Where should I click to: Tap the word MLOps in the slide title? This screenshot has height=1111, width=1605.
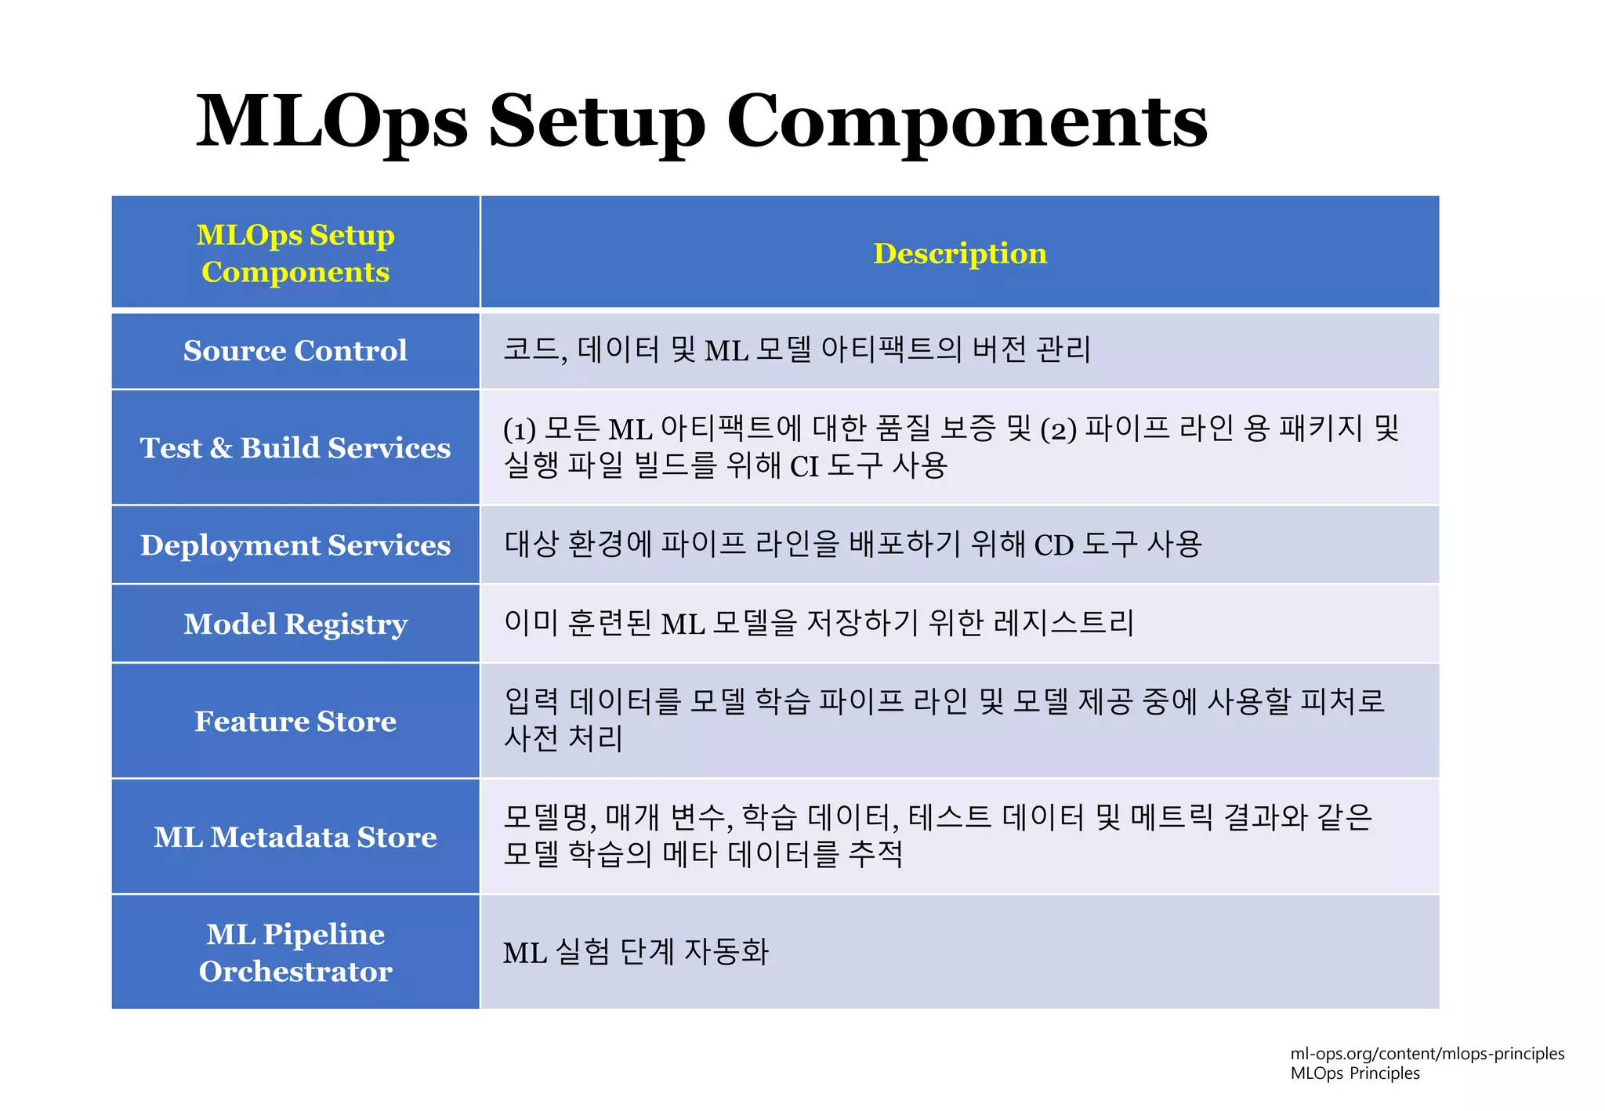pos(332,121)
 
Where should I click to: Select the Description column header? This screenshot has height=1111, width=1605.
pos(960,253)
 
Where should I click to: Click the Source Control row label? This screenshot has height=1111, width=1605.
pos(295,350)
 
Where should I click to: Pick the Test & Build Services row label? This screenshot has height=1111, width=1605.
pos(295,447)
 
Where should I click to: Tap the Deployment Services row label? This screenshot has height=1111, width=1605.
pos(295,545)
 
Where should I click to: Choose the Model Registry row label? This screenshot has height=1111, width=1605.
pos(295,624)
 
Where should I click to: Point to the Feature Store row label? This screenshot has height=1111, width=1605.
pos(295,721)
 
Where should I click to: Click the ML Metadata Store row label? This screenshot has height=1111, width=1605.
pos(295,837)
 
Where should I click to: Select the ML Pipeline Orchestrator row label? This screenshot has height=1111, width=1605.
pos(295,952)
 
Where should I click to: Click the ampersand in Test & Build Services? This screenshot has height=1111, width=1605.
pos(221,448)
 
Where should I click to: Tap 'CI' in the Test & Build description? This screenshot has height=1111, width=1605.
pos(803,467)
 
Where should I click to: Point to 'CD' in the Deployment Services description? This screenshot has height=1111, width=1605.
pos(1053,545)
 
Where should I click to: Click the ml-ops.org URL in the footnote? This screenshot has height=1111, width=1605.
pos(1427,1054)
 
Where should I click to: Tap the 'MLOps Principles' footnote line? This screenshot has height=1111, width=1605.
pos(1355,1073)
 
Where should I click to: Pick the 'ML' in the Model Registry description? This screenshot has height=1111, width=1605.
pos(683,624)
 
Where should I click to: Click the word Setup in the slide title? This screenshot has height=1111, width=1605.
pos(597,121)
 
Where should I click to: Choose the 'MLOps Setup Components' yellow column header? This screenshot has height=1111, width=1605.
pos(295,253)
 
